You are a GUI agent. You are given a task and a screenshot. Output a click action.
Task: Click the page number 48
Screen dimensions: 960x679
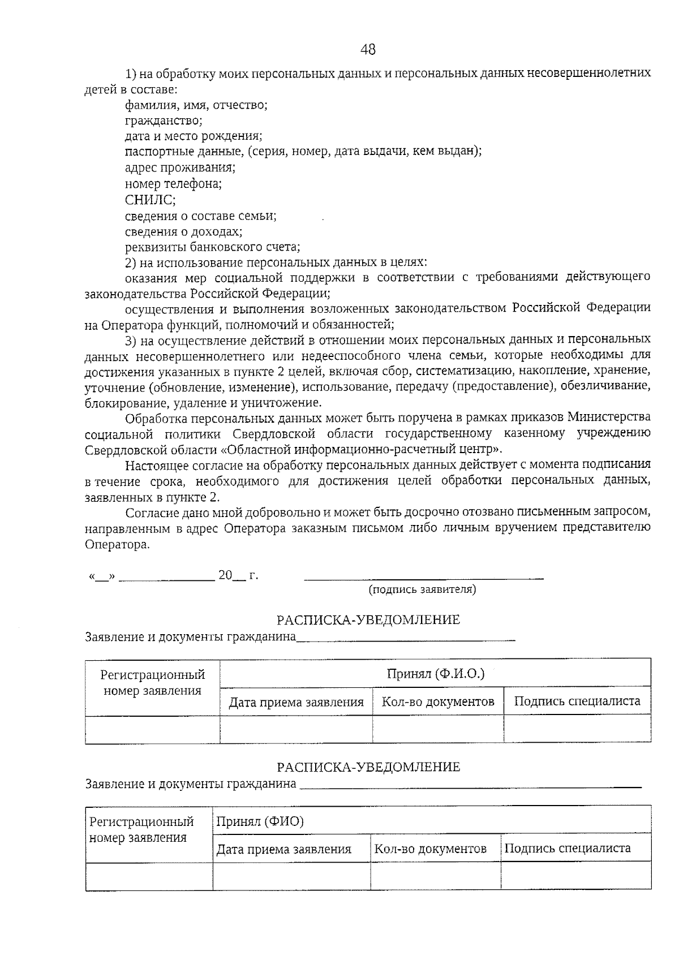click(368, 50)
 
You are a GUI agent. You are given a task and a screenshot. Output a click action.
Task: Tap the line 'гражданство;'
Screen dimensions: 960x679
click(164, 120)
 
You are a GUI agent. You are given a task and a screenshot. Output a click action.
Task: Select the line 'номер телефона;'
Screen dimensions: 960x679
click(173, 184)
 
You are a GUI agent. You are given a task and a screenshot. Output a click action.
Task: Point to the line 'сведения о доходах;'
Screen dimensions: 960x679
click(183, 231)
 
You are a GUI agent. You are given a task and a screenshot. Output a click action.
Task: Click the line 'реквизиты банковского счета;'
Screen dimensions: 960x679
click(212, 247)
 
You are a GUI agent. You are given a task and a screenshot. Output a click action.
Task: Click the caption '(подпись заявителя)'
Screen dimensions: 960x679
click(422, 589)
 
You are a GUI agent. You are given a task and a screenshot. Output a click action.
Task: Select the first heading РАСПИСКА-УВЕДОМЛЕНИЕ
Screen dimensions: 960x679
click(368, 619)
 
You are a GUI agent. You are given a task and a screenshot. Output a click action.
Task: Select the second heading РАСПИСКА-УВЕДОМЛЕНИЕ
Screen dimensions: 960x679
click(368, 767)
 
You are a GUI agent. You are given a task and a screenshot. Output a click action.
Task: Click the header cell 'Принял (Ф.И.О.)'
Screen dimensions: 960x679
click(436, 674)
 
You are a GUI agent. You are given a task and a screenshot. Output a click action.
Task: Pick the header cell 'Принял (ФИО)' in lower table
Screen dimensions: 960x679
click(260, 821)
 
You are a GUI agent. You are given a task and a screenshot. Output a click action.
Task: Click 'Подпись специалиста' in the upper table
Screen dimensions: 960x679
click(577, 701)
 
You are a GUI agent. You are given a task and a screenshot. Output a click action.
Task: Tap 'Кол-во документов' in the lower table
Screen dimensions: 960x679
click(430, 849)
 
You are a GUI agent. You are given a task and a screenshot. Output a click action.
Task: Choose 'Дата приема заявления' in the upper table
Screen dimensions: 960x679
click(296, 703)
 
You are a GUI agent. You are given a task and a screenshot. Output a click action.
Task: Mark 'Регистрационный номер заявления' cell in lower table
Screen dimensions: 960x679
click(141, 829)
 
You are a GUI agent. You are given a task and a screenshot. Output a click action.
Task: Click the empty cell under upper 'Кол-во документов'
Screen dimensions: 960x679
click(437, 729)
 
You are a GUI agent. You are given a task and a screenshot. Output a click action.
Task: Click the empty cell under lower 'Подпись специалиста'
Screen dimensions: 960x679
click(575, 876)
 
